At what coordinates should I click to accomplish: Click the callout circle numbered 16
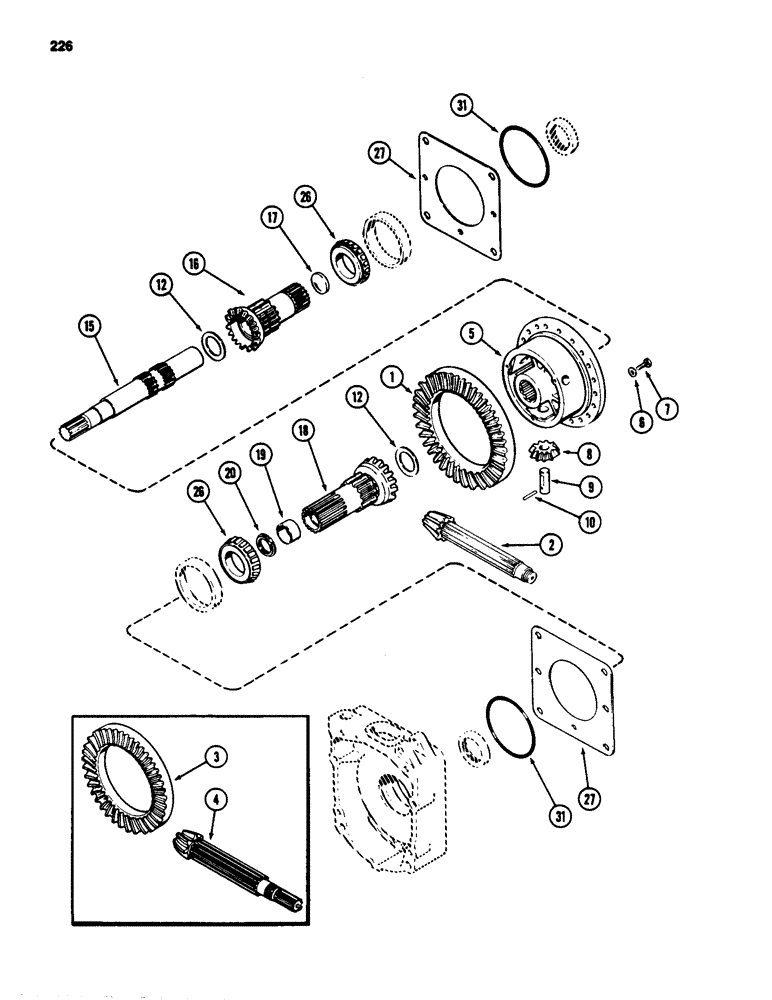coord(195,265)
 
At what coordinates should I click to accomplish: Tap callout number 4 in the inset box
coord(214,800)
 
